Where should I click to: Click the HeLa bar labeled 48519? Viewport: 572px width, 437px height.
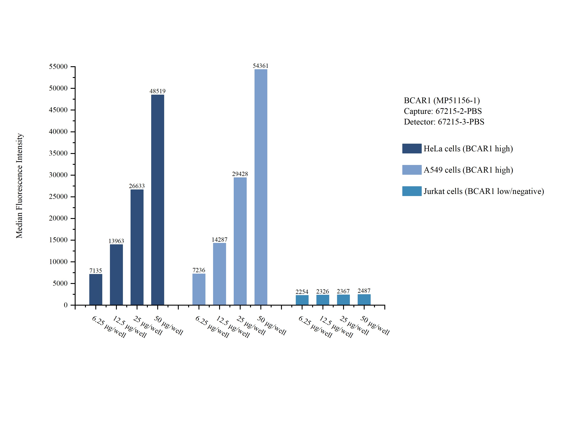pos(157,200)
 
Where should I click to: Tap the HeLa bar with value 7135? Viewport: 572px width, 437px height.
pos(96,289)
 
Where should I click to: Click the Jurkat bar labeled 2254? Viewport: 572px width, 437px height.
pos(302,300)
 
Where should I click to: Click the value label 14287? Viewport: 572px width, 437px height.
pos(219,240)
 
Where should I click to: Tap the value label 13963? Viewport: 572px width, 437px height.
pos(116,241)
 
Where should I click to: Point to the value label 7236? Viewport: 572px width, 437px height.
pos(199,270)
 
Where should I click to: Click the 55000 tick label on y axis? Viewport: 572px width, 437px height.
pos(58,67)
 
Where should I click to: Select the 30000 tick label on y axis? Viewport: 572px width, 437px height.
pos(58,175)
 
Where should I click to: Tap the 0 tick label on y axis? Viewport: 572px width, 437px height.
pos(66,305)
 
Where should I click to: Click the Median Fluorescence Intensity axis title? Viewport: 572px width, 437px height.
pos(19,186)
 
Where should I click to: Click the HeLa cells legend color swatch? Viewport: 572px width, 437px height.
pos(412,148)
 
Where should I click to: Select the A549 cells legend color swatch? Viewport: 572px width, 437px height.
pos(412,170)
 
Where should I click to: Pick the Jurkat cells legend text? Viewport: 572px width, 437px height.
pos(483,191)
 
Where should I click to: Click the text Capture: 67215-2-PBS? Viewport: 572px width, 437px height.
pos(443,111)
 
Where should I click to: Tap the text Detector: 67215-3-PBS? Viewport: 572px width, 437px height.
pos(444,122)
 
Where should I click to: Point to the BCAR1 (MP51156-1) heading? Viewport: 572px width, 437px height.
pos(441,100)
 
